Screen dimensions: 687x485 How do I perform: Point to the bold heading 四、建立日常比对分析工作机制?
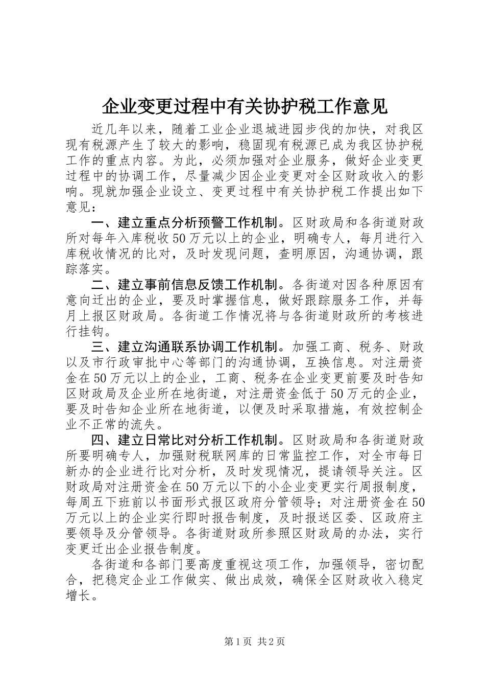point(185,440)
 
